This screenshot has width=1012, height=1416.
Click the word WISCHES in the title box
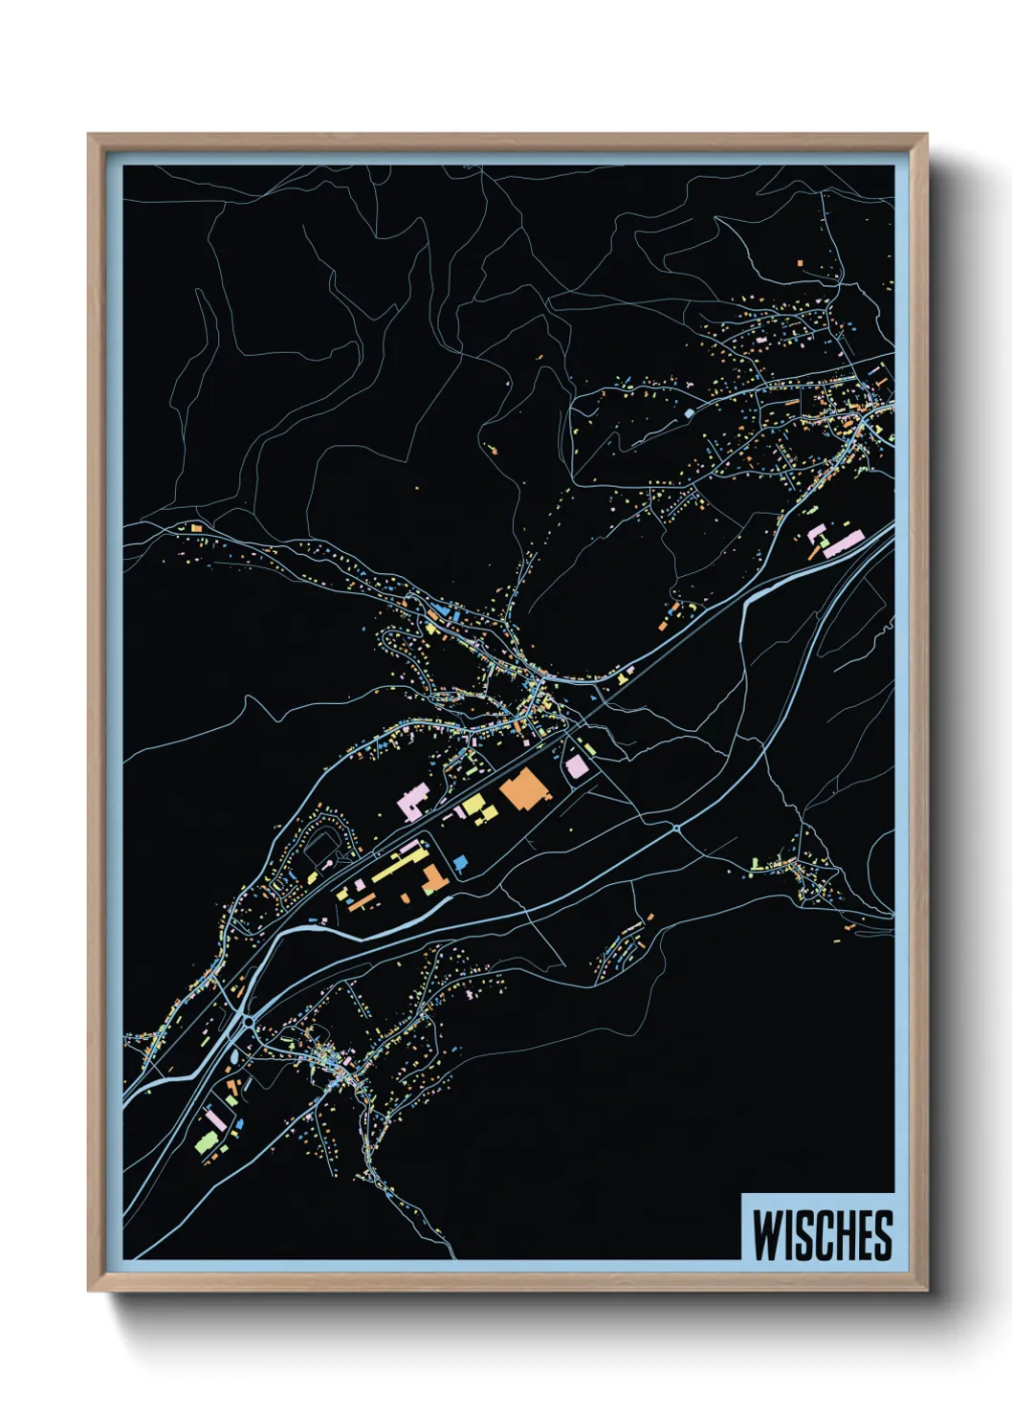(x=822, y=1235)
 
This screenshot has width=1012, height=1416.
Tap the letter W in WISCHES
(x=766, y=1235)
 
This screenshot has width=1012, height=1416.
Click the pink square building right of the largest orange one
(x=576, y=766)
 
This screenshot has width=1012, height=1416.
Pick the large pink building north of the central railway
(x=414, y=800)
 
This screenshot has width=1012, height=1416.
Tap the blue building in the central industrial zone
(x=460, y=863)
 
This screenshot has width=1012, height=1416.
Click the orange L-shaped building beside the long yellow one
(x=433, y=879)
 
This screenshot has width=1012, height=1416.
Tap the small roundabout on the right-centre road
(x=675, y=827)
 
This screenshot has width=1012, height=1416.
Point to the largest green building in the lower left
(x=206, y=1140)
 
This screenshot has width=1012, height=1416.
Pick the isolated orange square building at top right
(x=801, y=260)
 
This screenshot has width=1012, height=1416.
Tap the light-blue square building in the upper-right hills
(x=689, y=413)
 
